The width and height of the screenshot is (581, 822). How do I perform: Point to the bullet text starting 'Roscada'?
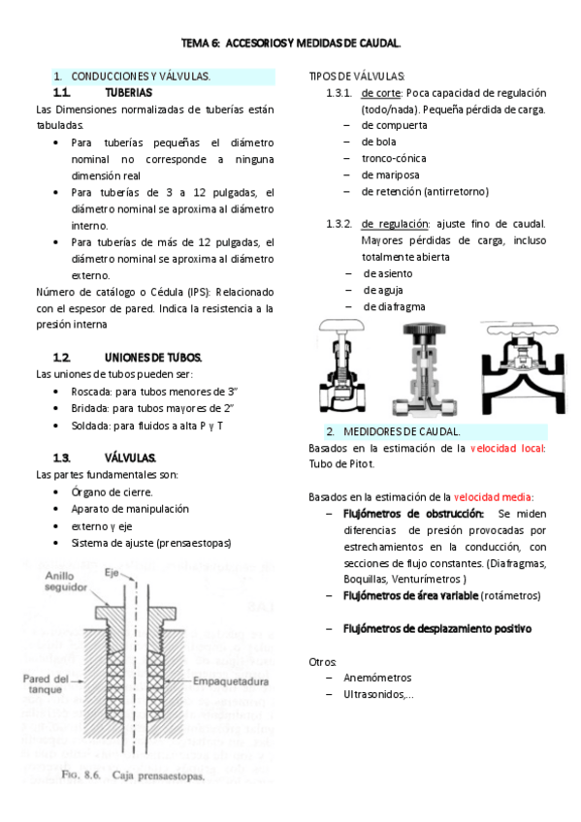coord(161,391)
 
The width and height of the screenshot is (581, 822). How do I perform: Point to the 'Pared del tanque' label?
coord(47,684)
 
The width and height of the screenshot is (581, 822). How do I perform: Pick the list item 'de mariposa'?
coord(390,174)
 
